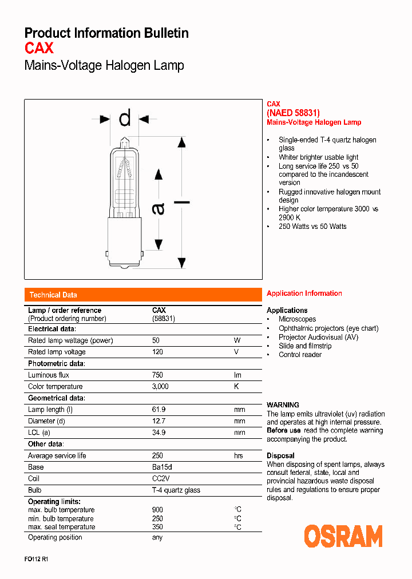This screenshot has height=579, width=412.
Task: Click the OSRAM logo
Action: tap(343, 537)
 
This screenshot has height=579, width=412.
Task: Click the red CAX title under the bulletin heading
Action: tap(39, 48)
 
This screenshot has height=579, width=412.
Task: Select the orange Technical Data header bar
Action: tap(142, 295)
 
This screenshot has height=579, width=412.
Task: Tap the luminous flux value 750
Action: tap(157, 375)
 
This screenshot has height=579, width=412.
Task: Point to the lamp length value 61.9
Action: tap(159, 410)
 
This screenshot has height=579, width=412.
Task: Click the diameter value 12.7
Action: tap(159, 421)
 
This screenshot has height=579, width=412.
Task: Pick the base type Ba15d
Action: tap(162, 467)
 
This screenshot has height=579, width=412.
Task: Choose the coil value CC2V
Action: tap(161, 478)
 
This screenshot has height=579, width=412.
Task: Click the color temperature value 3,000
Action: tap(160, 387)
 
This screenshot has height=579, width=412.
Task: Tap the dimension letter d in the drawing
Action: tap(125, 118)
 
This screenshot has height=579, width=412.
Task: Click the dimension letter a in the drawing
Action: tap(158, 209)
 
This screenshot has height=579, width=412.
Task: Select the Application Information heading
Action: tap(304, 294)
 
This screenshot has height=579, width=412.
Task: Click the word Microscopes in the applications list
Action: tap(297, 319)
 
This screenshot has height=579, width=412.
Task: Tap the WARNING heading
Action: tap(283, 405)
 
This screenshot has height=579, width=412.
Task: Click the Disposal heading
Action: tap(280, 456)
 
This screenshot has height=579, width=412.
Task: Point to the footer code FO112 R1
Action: tap(36, 560)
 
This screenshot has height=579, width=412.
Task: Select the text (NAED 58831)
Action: tap(293, 113)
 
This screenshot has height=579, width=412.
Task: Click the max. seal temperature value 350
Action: tap(157, 527)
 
